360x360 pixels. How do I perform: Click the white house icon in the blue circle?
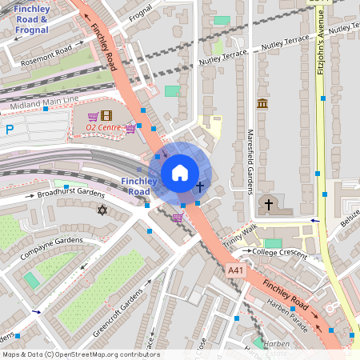click(x=180, y=173)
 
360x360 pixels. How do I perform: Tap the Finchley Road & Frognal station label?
click(x=31, y=19)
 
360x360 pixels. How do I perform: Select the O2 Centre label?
click(x=102, y=127)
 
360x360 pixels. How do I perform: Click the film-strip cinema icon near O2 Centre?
click(x=107, y=115)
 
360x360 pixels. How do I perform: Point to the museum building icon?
click(x=262, y=104)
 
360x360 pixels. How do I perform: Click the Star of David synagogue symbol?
click(x=102, y=210)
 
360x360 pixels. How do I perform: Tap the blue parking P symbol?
click(x=10, y=130)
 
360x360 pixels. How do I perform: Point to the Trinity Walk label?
click(x=240, y=233)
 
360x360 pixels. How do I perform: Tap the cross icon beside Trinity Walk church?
click(x=269, y=205)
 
